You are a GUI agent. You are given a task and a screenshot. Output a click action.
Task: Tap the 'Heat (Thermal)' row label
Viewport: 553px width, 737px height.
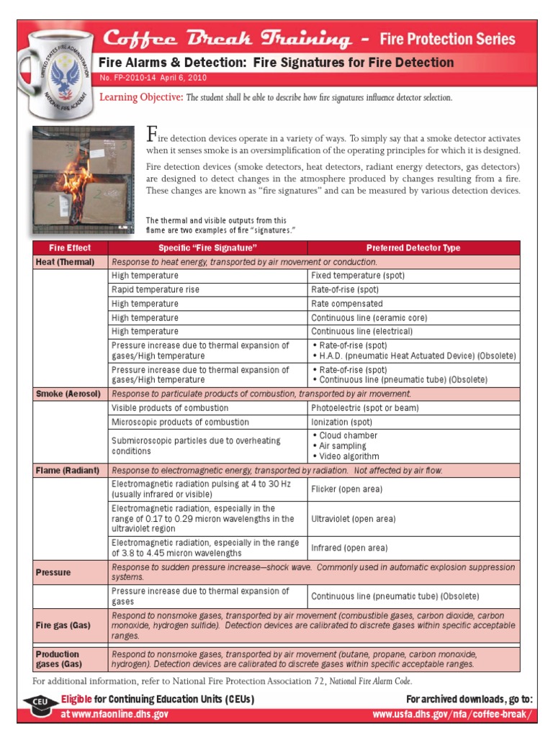pos(66,262)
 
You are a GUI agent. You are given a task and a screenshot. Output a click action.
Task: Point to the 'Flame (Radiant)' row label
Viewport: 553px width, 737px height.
pos(68,471)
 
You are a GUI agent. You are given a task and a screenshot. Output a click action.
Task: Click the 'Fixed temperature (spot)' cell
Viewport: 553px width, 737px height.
pos(358,276)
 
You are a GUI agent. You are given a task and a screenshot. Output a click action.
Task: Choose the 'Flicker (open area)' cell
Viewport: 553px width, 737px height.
pos(346,489)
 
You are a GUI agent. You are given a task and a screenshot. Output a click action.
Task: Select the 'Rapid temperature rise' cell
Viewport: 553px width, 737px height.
pos(156,289)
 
